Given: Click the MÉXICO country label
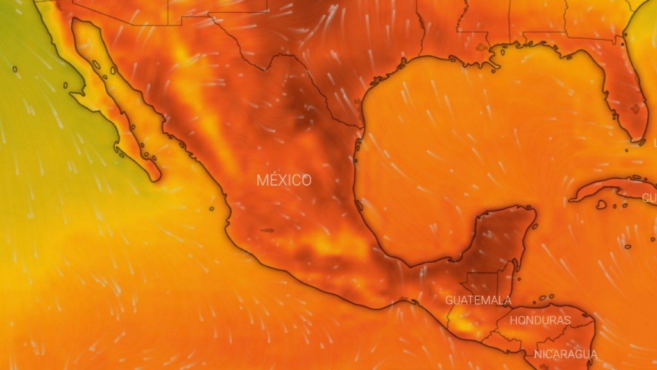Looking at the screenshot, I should [x=284, y=181].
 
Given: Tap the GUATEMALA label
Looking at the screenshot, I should [x=478, y=300].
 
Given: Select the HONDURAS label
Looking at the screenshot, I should [x=540, y=320].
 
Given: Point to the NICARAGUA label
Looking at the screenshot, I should [x=565, y=354].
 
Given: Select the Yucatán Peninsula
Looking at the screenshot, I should [x=507, y=234].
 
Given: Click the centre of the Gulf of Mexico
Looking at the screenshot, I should [x=475, y=148].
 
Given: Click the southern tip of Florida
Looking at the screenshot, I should [x=639, y=138].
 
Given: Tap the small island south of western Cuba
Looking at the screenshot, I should [x=601, y=205].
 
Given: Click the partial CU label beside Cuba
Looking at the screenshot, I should [x=649, y=198].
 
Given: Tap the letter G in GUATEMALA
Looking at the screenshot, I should [x=449, y=300].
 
